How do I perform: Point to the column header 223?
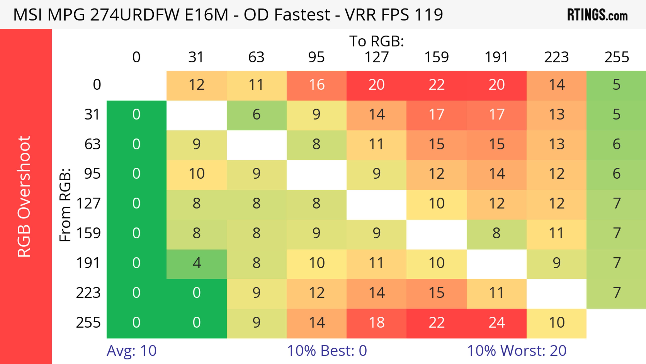[557, 57]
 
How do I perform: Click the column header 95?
[316, 57]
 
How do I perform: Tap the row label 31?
[92, 115]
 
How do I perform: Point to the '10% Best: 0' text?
[327, 351]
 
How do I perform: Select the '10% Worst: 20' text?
[517, 351]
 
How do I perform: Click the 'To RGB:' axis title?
[376, 41]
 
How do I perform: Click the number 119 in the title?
[429, 14]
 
